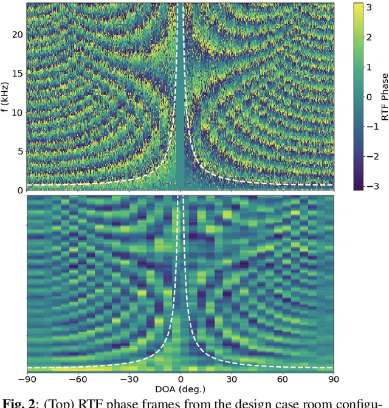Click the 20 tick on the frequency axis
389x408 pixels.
[18, 35]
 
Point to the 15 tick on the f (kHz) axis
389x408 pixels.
[18, 74]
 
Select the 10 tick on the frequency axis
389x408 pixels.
[18, 112]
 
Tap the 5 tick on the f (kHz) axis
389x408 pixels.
[19, 151]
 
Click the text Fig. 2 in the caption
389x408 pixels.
[18, 403]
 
